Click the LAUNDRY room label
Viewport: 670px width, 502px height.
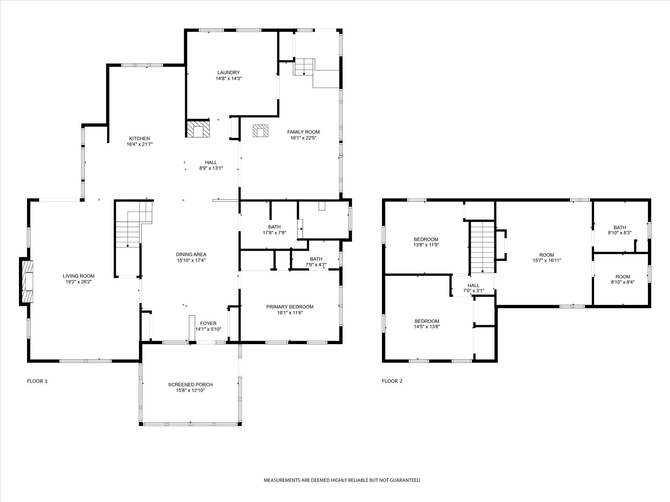pyautogui.click(x=228, y=73)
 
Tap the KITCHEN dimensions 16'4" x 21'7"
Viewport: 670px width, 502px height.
pyautogui.click(x=139, y=144)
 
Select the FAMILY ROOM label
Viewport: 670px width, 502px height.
pyautogui.click(x=303, y=132)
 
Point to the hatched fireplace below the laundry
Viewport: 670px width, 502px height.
pyautogui.click(x=198, y=129)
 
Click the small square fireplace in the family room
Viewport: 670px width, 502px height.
pyautogui.click(x=261, y=131)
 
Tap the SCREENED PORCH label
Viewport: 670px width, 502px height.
pyautogui.click(x=190, y=385)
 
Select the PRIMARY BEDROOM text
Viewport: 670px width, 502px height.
pyautogui.click(x=290, y=307)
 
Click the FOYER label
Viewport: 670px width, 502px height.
pyautogui.click(x=208, y=324)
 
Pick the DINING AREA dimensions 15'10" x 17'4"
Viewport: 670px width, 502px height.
pyautogui.click(x=191, y=260)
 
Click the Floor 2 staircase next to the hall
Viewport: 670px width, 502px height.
pyautogui.click(x=482, y=247)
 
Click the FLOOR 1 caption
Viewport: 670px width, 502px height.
pyautogui.click(x=37, y=381)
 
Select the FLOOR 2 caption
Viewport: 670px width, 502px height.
pyautogui.click(x=392, y=381)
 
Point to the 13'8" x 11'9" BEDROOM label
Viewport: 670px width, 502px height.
pyautogui.click(x=426, y=239)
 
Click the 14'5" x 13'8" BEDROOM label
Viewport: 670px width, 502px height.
pyautogui.click(x=427, y=321)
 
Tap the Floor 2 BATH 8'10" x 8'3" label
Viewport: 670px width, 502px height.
pyautogui.click(x=620, y=228)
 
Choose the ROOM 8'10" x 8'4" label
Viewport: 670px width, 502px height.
pyautogui.click(x=623, y=277)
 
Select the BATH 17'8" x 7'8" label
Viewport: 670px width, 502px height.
pyautogui.click(x=274, y=227)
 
